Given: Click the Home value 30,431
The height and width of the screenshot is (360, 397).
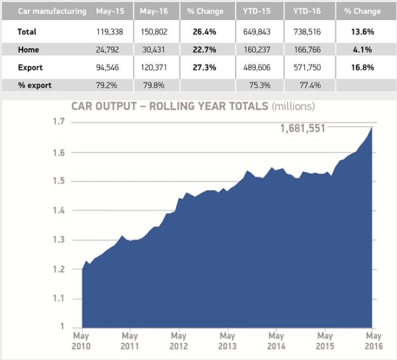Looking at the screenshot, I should (157, 50).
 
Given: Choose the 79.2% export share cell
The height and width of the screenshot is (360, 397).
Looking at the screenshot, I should (110, 85).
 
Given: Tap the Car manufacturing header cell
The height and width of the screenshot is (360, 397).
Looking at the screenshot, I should (43, 12).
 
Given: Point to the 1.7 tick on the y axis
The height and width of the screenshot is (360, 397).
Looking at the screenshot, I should (60, 122).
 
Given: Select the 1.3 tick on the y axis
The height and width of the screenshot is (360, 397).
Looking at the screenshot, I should (60, 239).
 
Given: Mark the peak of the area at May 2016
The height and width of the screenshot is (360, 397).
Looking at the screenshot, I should (372, 127).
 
